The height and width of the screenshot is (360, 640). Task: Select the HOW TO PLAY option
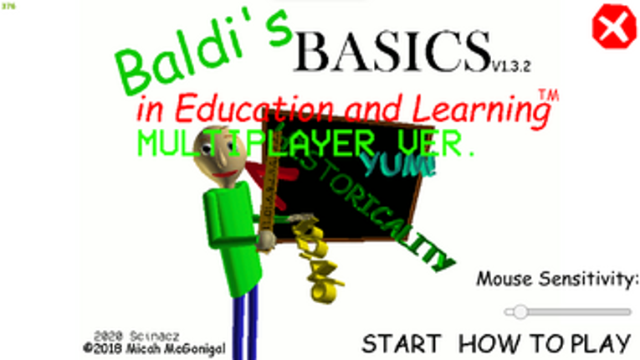point(544,342)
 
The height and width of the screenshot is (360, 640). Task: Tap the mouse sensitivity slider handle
point(520,311)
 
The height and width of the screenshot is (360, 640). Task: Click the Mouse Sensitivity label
point(557,278)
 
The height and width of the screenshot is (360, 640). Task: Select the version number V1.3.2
point(511,64)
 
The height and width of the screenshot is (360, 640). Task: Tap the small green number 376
point(9,5)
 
